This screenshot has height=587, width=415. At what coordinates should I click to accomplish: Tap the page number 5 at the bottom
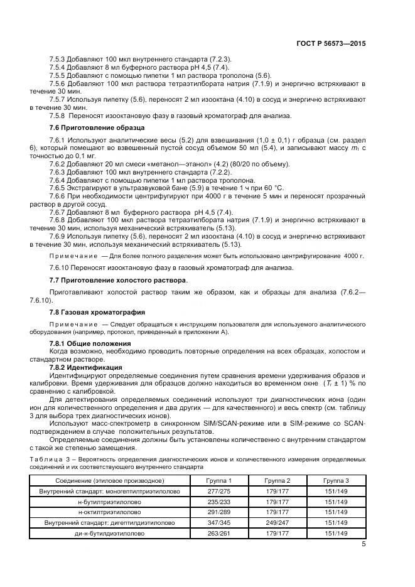point(364,544)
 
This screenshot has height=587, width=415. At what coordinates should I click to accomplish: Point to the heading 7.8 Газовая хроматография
point(97,311)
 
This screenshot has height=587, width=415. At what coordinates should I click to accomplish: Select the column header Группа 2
point(276,480)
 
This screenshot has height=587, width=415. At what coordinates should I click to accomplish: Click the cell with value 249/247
point(276,523)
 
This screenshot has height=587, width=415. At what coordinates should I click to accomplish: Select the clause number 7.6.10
point(61,267)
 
